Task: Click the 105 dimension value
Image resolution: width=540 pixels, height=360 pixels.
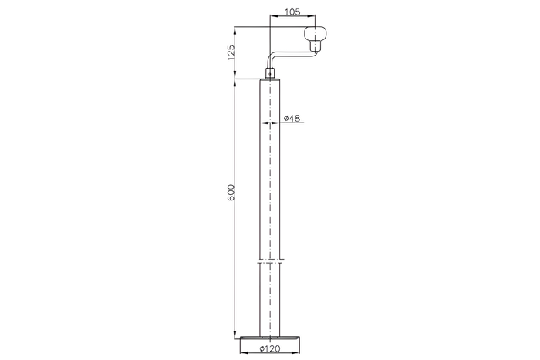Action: pos(292,12)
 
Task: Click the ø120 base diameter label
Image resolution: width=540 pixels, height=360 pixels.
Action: pos(270,348)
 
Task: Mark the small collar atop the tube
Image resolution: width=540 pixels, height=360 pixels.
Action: pos(270,75)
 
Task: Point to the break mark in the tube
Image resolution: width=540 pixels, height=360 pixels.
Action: pos(270,259)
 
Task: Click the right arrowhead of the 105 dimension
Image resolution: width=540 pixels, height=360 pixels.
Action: pos(312,16)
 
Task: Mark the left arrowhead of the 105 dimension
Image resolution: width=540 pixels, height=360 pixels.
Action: pos(273,16)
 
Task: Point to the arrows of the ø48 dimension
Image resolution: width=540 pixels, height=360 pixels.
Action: pos(270,122)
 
